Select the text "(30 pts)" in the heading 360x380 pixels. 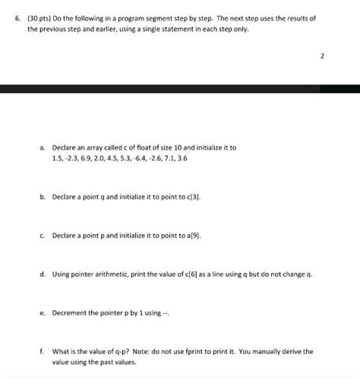click(x=28, y=17)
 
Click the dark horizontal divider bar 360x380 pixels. click(x=180, y=89)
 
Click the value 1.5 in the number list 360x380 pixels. click(x=58, y=158)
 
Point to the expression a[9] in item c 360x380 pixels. click(x=193, y=235)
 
